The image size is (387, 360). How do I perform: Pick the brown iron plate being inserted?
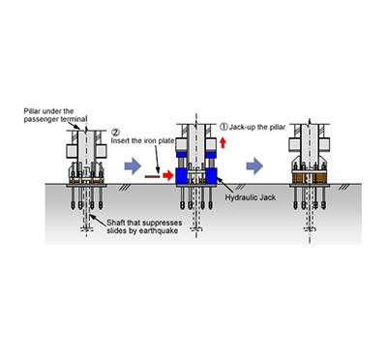point(152,176)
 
